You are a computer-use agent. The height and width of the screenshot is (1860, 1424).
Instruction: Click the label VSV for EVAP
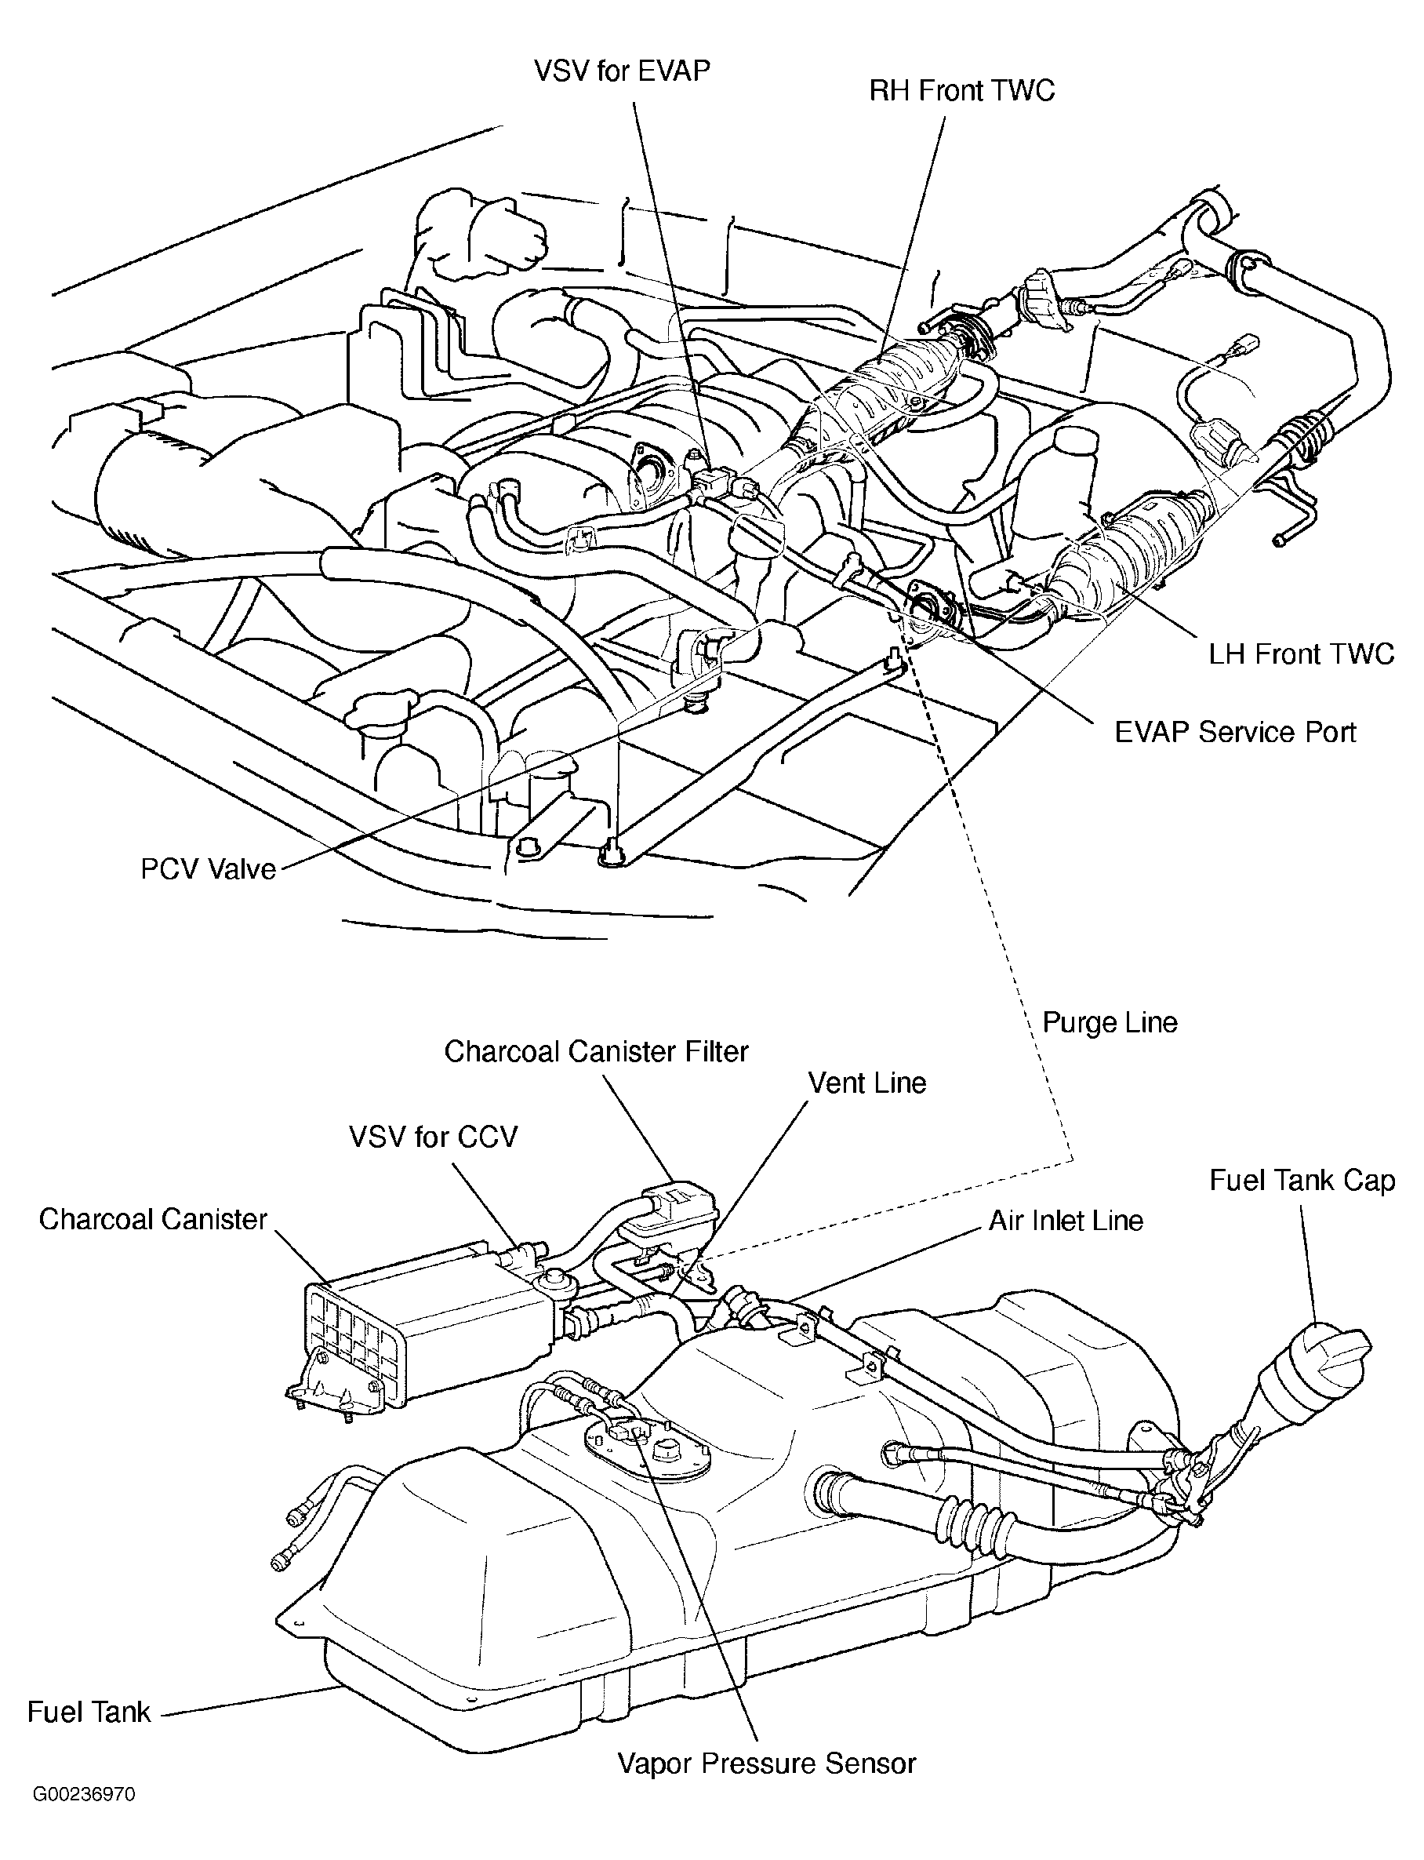click(x=621, y=71)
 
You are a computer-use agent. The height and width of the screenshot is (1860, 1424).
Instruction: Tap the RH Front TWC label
click(x=962, y=91)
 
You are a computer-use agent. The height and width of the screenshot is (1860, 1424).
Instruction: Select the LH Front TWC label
click(x=1301, y=653)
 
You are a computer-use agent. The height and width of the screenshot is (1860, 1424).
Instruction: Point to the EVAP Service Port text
click(x=1235, y=732)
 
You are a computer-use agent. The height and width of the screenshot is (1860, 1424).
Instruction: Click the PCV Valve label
click(x=209, y=869)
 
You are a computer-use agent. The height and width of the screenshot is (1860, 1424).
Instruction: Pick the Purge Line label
click(x=1110, y=1022)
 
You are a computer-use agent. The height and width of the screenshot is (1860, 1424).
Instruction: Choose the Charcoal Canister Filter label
click(x=597, y=1051)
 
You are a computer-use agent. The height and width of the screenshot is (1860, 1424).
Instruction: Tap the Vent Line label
click(x=867, y=1083)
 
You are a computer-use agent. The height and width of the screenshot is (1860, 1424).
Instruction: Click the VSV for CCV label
click(x=433, y=1137)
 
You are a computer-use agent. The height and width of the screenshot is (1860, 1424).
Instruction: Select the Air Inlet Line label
click(x=1066, y=1220)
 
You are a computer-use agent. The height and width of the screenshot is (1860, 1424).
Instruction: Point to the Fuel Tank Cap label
click(x=1302, y=1181)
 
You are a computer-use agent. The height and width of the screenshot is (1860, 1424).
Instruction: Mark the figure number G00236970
click(x=84, y=1818)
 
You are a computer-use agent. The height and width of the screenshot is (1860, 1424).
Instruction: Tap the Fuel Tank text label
click(x=89, y=1712)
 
